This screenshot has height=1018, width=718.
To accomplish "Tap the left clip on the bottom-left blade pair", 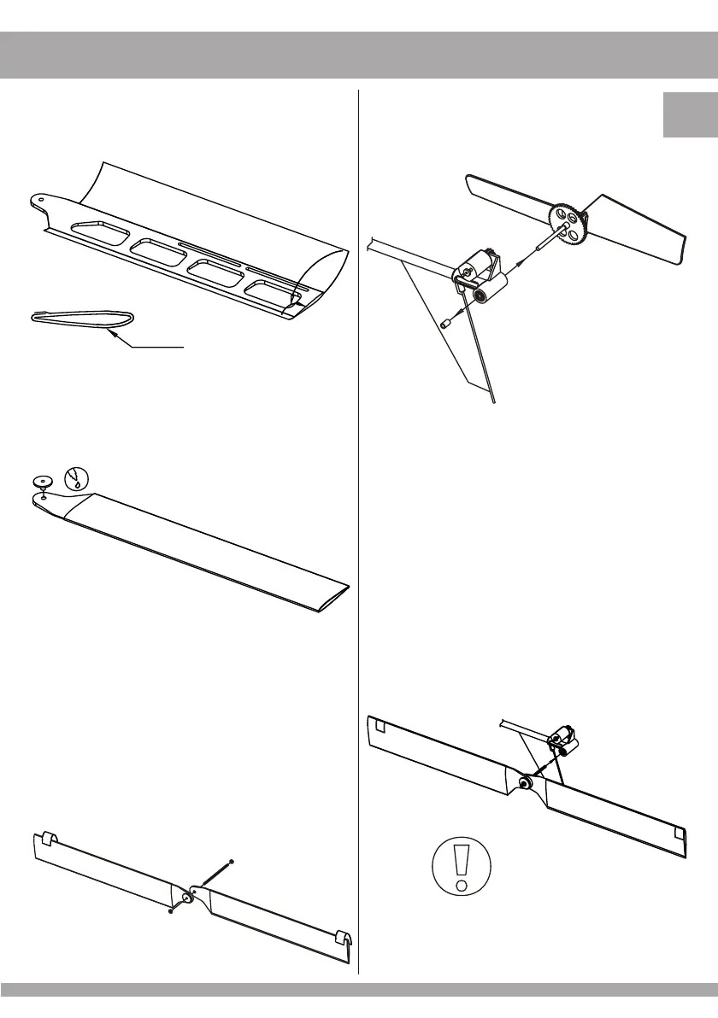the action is point(50,837).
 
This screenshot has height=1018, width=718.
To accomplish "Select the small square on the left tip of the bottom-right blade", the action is point(381,727).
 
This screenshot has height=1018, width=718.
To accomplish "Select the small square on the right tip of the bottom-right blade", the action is point(680,832).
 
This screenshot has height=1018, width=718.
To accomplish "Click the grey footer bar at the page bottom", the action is point(359,989).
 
